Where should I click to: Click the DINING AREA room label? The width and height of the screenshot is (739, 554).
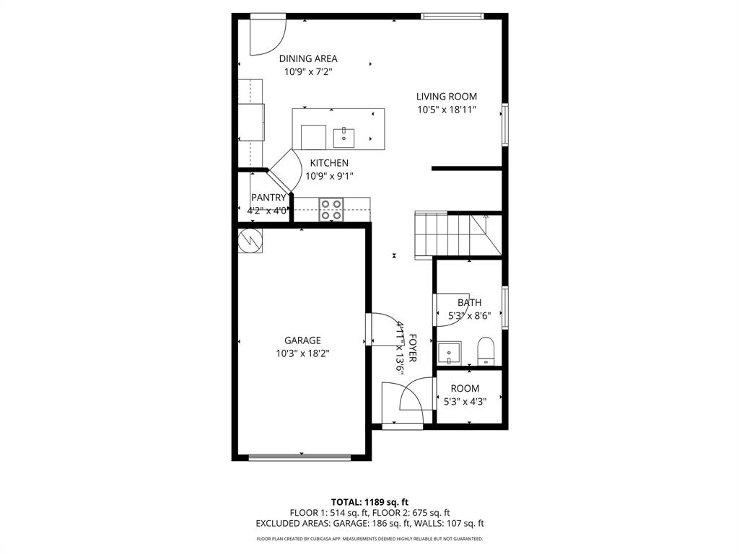point(308,58)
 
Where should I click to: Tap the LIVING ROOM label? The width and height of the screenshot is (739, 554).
point(446,96)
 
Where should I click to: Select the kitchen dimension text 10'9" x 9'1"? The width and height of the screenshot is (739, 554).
point(329,175)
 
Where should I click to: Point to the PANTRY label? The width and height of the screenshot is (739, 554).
point(268,198)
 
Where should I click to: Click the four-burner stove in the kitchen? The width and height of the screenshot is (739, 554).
point(332,209)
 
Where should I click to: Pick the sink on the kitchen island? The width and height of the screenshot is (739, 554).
point(344,136)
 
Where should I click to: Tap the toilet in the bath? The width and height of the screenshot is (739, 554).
point(486,351)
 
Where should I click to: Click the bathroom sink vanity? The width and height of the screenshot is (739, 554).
point(450,353)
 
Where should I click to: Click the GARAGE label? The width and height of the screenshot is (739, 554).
point(302,340)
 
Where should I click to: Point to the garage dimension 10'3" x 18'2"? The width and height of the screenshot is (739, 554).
point(302,353)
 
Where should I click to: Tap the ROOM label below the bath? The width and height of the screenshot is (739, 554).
point(465,388)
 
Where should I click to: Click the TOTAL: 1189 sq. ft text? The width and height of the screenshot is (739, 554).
point(369,501)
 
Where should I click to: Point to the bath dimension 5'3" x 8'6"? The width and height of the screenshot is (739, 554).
point(469,315)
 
